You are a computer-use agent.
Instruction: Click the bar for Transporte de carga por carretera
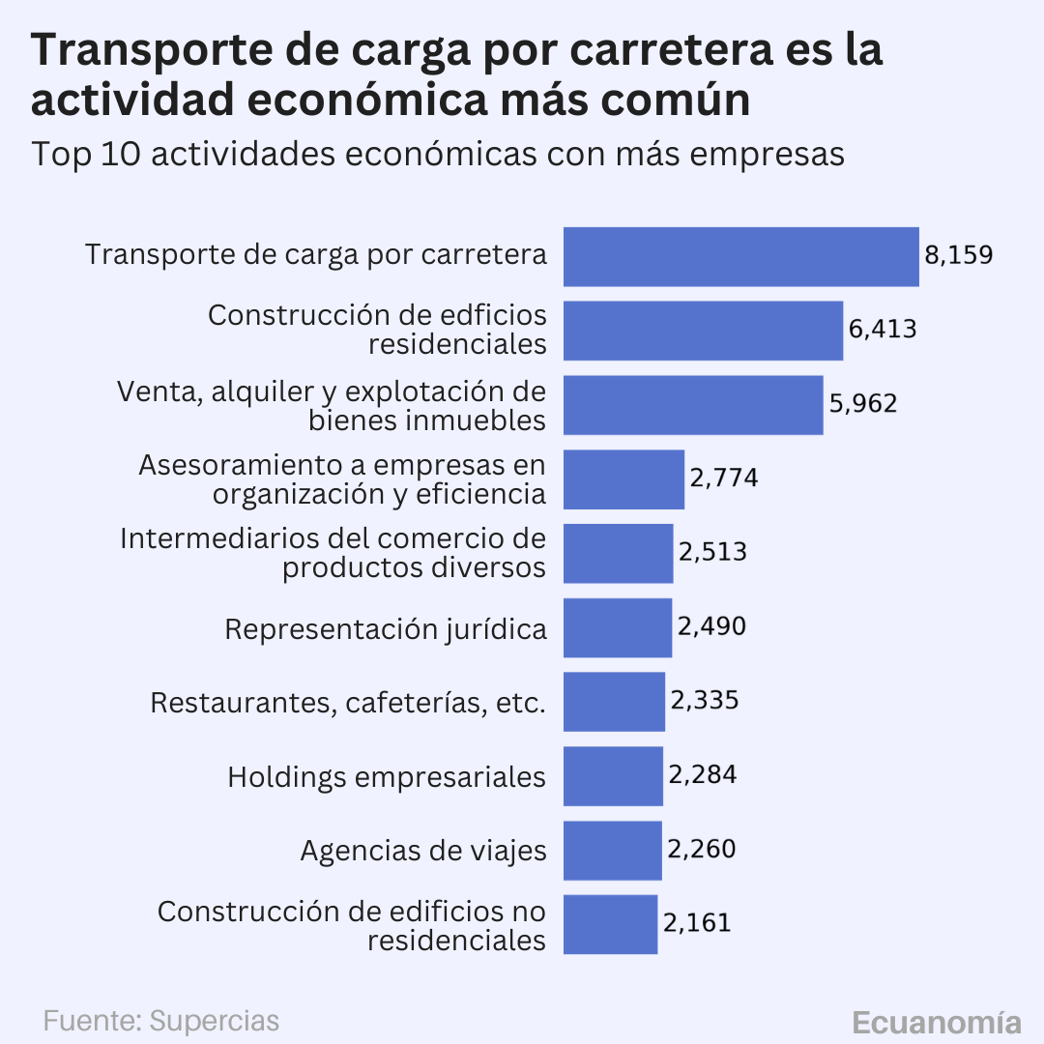click(740, 256)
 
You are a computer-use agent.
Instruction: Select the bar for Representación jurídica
click(617, 627)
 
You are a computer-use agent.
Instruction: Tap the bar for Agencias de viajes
click(612, 850)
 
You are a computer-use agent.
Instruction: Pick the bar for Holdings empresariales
click(613, 775)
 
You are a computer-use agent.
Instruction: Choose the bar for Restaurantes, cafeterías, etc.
click(614, 702)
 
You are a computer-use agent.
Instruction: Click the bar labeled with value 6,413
click(703, 331)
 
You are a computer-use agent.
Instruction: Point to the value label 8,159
click(958, 255)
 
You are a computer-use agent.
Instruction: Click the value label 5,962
click(862, 403)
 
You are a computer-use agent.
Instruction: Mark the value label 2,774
click(723, 478)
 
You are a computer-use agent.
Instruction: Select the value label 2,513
click(712, 552)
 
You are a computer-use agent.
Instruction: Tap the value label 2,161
click(697, 922)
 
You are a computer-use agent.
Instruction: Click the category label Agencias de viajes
click(423, 851)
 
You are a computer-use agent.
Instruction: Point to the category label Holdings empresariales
click(387, 776)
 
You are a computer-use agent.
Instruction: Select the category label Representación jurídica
click(386, 628)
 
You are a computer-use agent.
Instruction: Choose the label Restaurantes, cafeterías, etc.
click(348, 703)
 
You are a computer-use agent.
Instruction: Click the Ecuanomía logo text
click(936, 1023)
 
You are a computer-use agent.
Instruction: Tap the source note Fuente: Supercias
click(161, 1021)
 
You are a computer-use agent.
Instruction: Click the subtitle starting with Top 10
click(438, 154)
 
